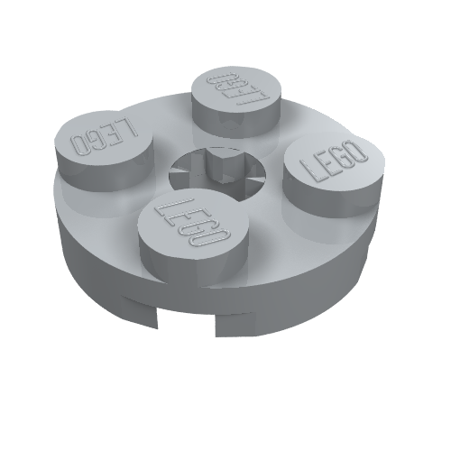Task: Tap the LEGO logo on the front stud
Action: (190, 224)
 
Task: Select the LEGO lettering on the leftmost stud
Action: (103, 136)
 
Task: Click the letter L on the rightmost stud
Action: (317, 173)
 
